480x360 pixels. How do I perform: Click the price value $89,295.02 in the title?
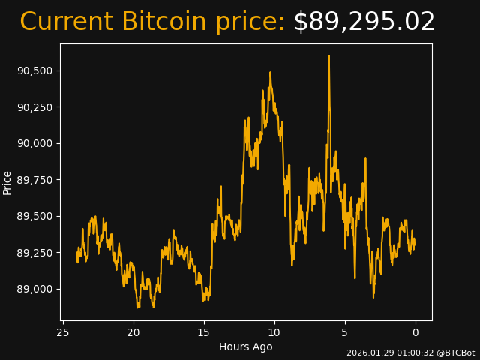[364, 22]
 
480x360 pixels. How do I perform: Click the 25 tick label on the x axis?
[63, 332]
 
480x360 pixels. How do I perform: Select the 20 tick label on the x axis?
[133, 332]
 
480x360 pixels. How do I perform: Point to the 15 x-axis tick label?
[204, 332]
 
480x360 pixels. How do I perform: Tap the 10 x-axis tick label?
[274, 332]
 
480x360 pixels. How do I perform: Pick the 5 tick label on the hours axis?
[345, 332]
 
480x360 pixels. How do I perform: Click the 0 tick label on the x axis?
[415, 332]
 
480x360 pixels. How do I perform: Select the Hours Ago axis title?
[246, 346]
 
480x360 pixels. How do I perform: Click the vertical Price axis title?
[7, 182]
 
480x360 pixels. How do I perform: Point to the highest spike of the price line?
[328, 56]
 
